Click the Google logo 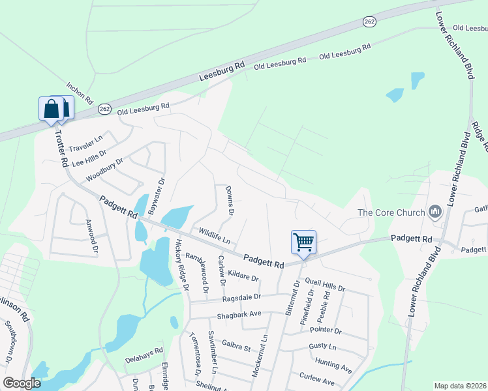pyautogui.click(x=22, y=383)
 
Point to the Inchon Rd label pyautogui.click(x=80, y=94)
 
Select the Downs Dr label pyautogui.click(x=229, y=200)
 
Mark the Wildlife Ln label pyautogui.click(x=215, y=236)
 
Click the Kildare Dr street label pyautogui.click(x=243, y=274)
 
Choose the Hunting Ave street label pyautogui.click(x=333, y=365)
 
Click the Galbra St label pyautogui.click(x=236, y=346)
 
